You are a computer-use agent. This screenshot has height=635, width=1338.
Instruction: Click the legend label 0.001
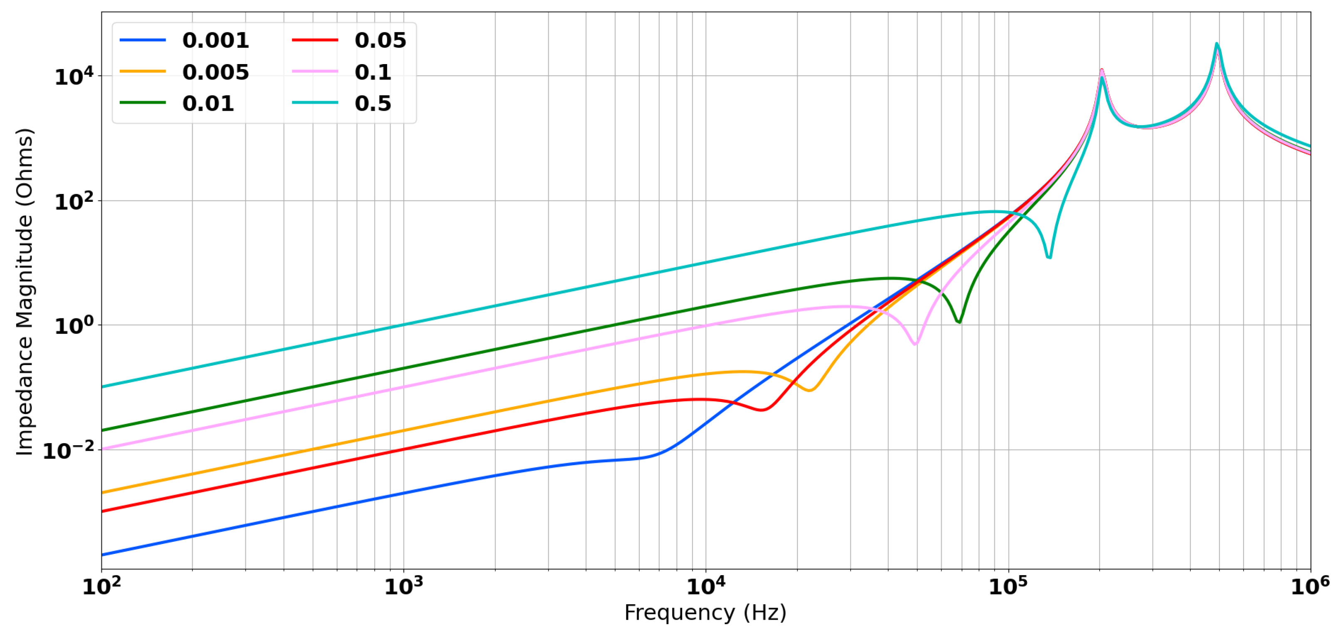(215, 40)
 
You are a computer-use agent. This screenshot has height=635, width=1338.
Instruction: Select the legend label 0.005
(215, 72)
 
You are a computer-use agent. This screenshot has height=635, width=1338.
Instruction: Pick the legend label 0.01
(208, 104)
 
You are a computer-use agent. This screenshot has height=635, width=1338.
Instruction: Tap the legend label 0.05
(380, 40)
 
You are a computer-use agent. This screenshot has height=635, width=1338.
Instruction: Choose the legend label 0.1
(372, 72)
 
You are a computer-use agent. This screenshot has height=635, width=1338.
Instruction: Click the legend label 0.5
(372, 104)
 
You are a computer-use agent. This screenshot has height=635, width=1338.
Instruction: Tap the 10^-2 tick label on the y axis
(69, 451)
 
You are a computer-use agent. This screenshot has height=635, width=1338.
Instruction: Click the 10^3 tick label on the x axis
(403, 587)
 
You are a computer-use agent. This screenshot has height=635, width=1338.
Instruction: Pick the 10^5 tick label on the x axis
(1008, 587)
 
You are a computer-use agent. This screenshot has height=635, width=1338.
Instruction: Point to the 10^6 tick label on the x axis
(1310, 587)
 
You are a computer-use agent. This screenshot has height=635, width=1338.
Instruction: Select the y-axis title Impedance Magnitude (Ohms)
(25, 292)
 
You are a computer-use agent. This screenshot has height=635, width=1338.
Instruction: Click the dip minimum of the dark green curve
(959, 322)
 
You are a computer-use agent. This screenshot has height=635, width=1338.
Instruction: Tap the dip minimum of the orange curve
(810, 390)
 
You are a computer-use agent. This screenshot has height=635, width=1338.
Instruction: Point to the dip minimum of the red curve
(762, 410)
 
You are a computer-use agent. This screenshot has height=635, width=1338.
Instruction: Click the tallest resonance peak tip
(1217, 44)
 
